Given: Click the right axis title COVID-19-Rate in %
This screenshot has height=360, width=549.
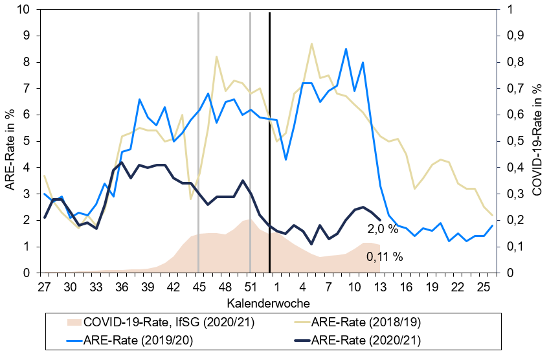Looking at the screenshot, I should point(537,141).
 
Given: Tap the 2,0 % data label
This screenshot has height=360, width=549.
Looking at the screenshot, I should point(383,229).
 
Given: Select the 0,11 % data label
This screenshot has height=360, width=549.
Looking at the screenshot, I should point(385,257).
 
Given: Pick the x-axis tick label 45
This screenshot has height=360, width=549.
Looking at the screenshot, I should point(199,287).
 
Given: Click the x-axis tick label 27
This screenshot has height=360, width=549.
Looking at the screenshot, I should point(44,287).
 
